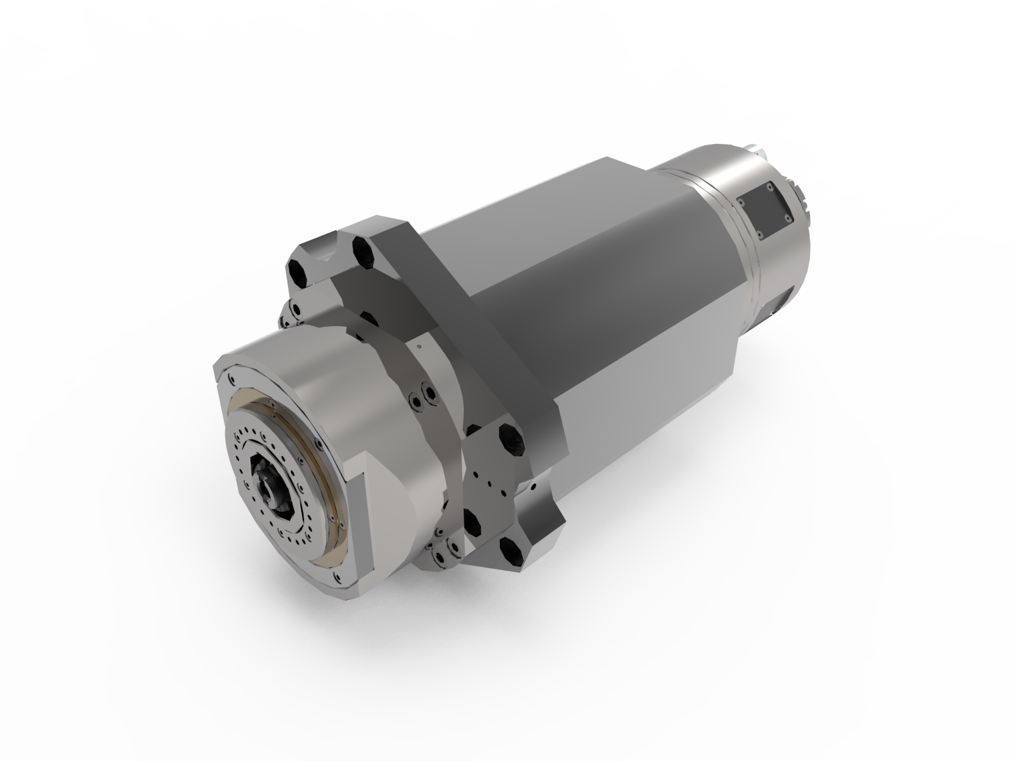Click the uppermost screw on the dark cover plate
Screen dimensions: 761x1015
point(769,187)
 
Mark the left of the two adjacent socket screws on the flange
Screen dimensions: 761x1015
point(416,401)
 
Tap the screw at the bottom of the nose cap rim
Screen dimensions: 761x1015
point(336,576)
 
